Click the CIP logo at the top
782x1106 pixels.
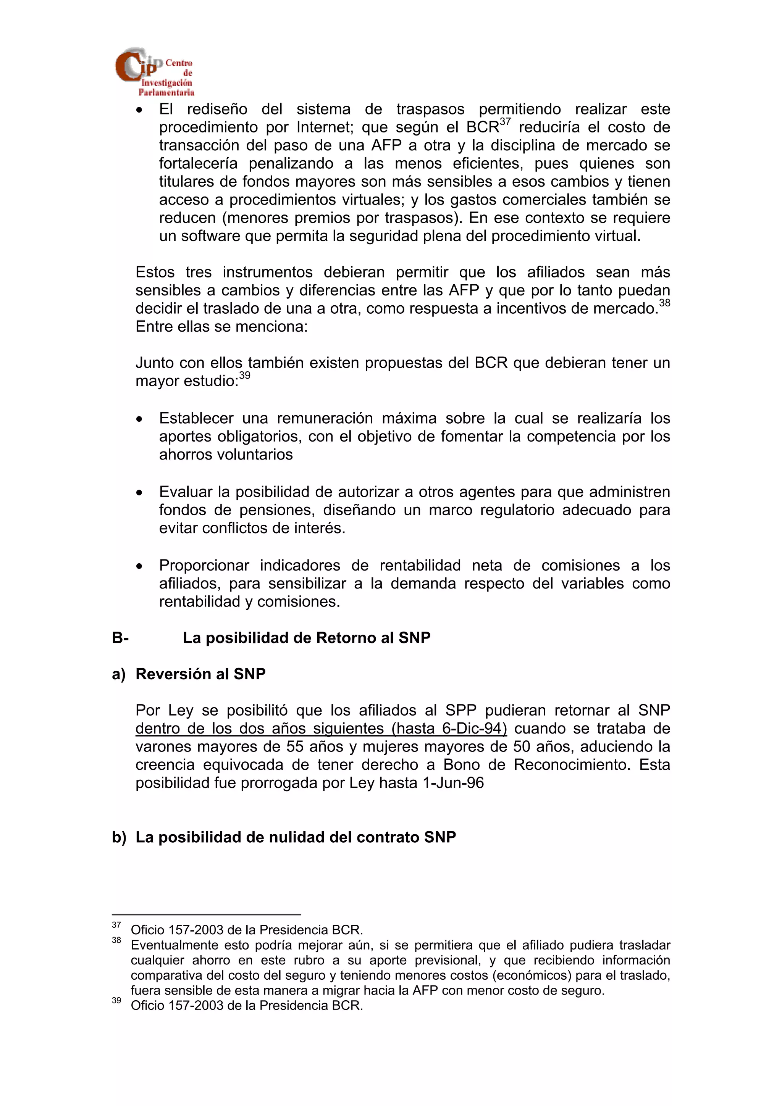[x=154, y=72]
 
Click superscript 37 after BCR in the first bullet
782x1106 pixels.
[x=504, y=121]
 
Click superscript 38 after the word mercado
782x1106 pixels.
[x=664, y=303]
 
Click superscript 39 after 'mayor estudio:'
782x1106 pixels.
[x=245, y=375]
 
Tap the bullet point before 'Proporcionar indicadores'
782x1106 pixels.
[x=139, y=566]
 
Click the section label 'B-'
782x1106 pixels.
[x=120, y=638]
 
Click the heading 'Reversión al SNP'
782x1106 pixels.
[x=200, y=674]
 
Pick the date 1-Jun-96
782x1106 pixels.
[x=453, y=783]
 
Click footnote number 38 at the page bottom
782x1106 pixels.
[x=116, y=940]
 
